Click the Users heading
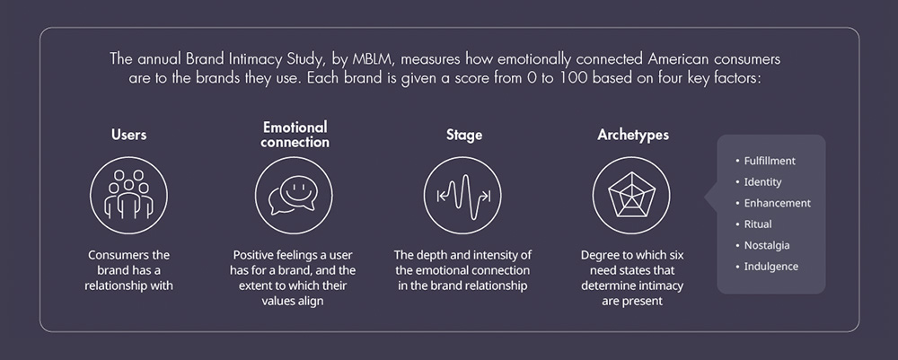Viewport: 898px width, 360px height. (128, 135)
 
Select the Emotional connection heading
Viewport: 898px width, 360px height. (295, 135)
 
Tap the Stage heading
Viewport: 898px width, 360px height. (464, 135)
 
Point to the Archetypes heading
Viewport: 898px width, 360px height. (633, 135)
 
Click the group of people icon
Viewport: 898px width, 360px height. (128, 195)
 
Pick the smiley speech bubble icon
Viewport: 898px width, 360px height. (294, 195)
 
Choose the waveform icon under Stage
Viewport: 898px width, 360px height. (462, 195)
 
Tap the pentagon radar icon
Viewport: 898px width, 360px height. (631, 195)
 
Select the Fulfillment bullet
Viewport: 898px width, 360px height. (766, 161)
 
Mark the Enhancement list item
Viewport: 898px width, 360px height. (773, 203)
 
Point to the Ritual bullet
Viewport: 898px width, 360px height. (753, 224)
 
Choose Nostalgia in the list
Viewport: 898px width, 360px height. (762, 245)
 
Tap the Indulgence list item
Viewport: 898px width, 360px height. (767, 267)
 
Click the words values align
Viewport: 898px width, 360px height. (293, 301)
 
